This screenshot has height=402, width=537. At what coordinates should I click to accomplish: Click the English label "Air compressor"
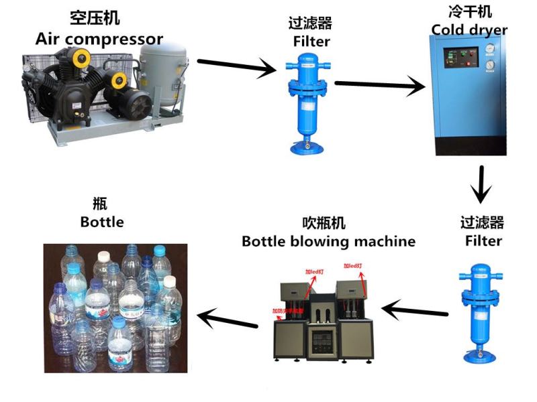(99, 38)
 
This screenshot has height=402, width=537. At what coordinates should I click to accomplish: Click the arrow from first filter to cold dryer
(380, 85)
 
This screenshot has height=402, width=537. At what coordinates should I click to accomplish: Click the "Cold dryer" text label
(469, 30)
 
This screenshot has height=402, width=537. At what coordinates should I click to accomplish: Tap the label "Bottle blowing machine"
(328, 241)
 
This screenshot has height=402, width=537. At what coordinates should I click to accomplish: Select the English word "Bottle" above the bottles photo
(102, 222)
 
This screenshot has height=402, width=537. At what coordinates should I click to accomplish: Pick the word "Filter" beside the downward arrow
(483, 240)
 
